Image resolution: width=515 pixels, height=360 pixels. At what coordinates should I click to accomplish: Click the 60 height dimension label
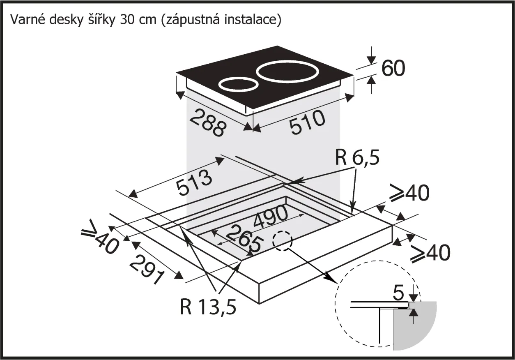coord(393,69)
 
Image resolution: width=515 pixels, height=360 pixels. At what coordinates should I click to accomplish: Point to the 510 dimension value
coord(308,122)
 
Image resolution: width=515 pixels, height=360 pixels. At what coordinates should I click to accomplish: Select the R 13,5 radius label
coord(208,306)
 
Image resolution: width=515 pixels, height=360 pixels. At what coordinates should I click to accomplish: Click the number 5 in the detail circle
coord(398,293)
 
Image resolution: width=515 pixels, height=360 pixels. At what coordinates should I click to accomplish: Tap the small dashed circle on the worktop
coord(284,240)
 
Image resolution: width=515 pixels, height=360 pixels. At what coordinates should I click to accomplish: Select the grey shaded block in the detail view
coord(415,327)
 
